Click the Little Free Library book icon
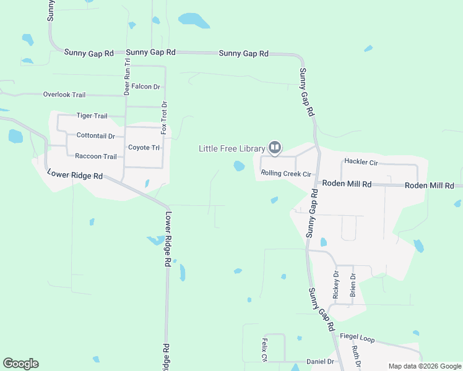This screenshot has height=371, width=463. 275,148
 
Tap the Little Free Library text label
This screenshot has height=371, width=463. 231,148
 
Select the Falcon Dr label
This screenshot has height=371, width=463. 145,87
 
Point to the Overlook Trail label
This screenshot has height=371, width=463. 64,95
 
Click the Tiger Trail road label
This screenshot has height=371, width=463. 92,116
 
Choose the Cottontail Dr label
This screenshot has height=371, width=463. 95,135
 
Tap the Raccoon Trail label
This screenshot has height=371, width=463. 95,156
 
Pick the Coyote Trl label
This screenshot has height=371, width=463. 144,147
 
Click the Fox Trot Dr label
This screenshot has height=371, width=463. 164,117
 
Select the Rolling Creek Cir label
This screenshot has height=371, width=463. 286,174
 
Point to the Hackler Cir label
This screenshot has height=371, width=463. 361,161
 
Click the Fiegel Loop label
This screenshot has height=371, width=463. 358,339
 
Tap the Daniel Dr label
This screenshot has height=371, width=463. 320,361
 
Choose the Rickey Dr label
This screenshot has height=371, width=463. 336,285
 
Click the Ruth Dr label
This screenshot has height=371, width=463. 356,355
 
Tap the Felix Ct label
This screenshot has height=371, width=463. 264,349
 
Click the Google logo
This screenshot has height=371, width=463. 20,364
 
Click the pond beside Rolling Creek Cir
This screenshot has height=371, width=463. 239,166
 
